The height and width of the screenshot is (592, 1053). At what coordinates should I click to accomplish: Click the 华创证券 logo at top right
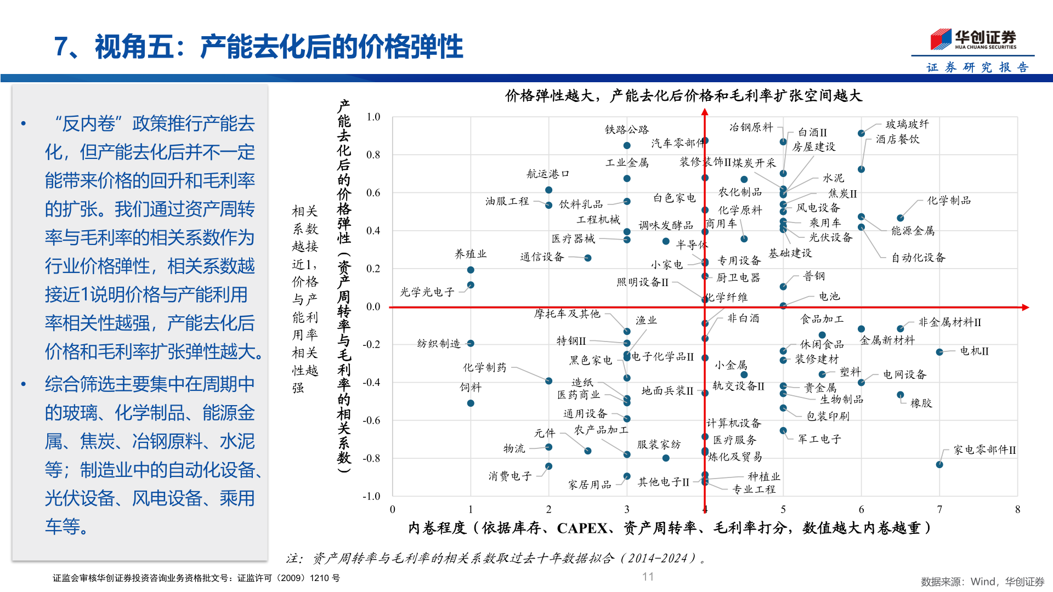coord(973,39)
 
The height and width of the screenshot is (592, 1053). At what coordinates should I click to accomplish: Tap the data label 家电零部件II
coord(984,450)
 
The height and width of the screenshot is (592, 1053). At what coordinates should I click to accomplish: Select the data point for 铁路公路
coord(627,145)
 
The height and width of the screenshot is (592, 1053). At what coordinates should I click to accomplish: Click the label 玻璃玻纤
coord(907,124)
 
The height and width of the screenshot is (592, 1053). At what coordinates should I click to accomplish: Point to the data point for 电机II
coord(939,352)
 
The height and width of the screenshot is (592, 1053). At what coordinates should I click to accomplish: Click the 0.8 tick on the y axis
coord(373,155)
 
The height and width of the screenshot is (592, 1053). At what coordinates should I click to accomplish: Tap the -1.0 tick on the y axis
coord(371,496)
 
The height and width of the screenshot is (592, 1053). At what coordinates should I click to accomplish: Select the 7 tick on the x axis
coord(939,509)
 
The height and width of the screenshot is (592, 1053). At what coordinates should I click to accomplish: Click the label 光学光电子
coord(427,292)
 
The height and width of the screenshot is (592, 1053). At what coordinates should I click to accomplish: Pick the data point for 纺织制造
coord(471,343)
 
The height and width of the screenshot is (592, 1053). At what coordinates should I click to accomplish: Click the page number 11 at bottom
coord(648,577)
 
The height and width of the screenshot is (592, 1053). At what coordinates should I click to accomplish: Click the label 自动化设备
coord(918,258)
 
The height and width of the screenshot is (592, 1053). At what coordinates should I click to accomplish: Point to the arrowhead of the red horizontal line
coord(1025,308)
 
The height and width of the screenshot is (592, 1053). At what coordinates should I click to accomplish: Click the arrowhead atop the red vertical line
coord(705,112)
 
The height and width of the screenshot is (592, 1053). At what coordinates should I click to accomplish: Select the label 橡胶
coord(921,403)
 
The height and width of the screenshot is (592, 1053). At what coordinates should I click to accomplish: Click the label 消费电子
coord(510,476)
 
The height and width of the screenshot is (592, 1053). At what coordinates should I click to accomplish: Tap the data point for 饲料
coord(471,403)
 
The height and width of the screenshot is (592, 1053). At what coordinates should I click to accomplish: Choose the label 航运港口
coord(548,174)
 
